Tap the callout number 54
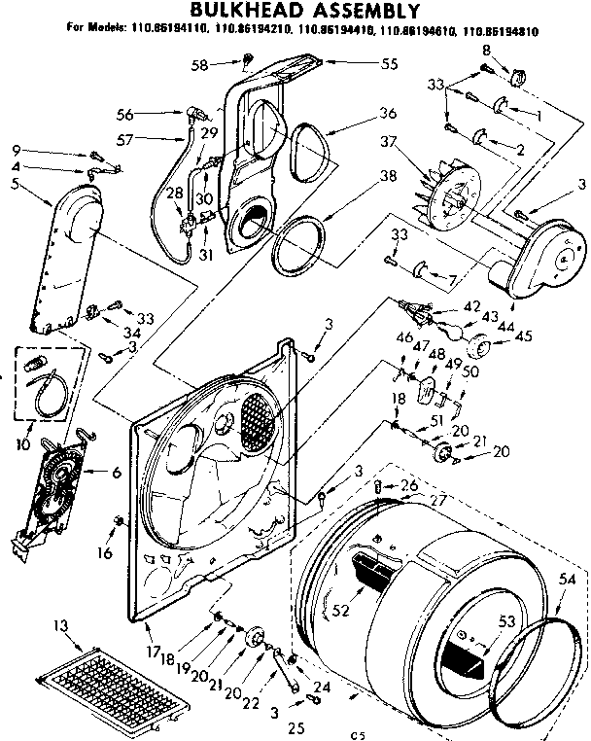(568, 580)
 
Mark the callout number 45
(524, 337)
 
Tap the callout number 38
(361, 177)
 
